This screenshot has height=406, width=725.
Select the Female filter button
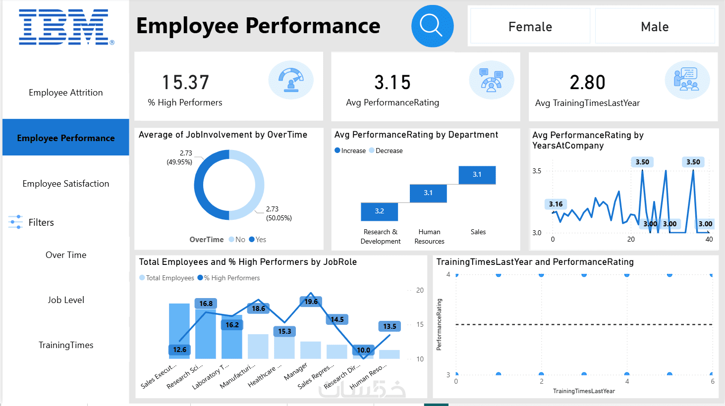(x=530, y=27)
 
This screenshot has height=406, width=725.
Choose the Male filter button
(x=655, y=27)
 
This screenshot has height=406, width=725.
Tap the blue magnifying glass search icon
(x=432, y=26)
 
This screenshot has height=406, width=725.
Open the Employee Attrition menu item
(x=66, y=93)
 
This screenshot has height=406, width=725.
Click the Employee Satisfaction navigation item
(x=66, y=184)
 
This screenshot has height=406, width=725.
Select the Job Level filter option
(x=66, y=300)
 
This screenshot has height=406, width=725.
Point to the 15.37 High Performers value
(x=186, y=82)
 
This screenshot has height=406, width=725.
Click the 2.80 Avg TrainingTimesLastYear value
(x=587, y=82)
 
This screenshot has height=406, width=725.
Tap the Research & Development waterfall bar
(x=379, y=211)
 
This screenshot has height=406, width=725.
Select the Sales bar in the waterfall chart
(x=477, y=175)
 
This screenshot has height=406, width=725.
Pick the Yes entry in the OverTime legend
(x=258, y=240)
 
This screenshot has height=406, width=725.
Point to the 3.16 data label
(x=556, y=204)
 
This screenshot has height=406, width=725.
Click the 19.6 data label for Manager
(x=311, y=302)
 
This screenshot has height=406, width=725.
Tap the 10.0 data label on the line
(x=363, y=350)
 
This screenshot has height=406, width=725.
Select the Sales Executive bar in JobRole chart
(x=179, y=331)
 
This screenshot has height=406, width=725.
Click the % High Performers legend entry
(x=228, y=278)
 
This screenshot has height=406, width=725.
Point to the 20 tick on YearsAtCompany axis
(x=631, y=240)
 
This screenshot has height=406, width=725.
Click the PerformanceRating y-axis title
(x=439, y=324)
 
